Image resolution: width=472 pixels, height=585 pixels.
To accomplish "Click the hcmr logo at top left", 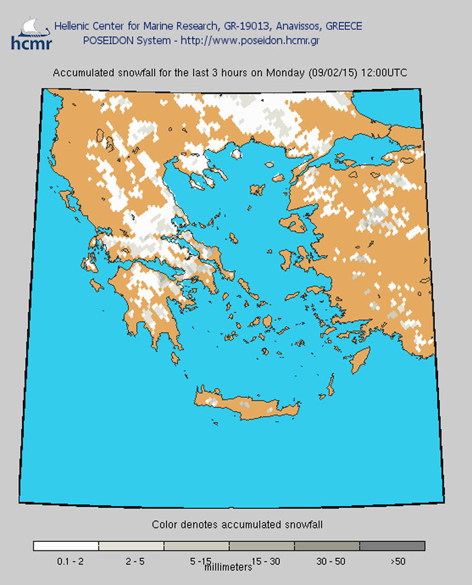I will (26, 34).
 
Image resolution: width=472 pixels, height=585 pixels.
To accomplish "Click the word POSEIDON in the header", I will (105, 40).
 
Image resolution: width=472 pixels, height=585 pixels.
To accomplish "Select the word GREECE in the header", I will (343, 26).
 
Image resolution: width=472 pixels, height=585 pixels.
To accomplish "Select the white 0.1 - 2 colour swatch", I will (65, 545).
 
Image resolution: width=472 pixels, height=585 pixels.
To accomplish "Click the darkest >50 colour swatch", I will (392, 545).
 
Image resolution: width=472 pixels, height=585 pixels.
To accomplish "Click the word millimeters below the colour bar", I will (229, 568).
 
